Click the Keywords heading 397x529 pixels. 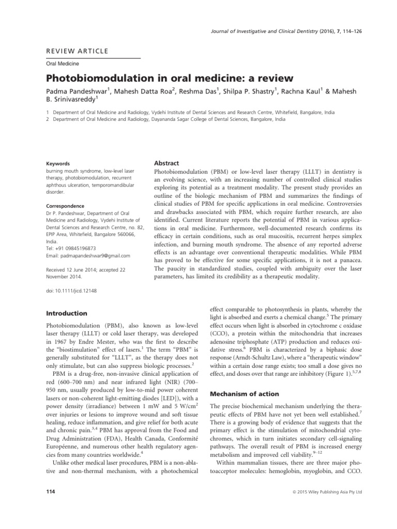click(x=58, y=163)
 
